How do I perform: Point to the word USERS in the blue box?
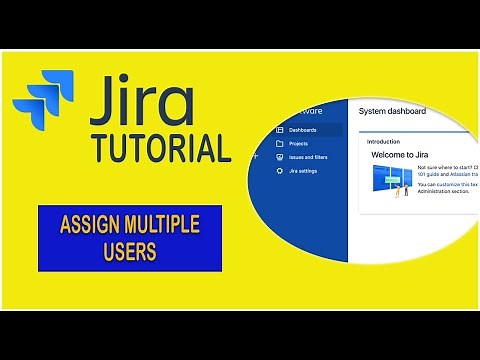click(129, 252)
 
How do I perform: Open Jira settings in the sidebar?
click(304, 171)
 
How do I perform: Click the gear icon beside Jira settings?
click(279, 171)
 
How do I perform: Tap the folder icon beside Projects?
click(279, 144)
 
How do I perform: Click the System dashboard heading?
click(392, 112)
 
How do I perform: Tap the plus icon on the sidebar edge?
click(257, 157)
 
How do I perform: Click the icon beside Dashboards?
click(279, 130)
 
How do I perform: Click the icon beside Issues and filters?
click(279, 157)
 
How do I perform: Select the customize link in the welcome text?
click(461, 185)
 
